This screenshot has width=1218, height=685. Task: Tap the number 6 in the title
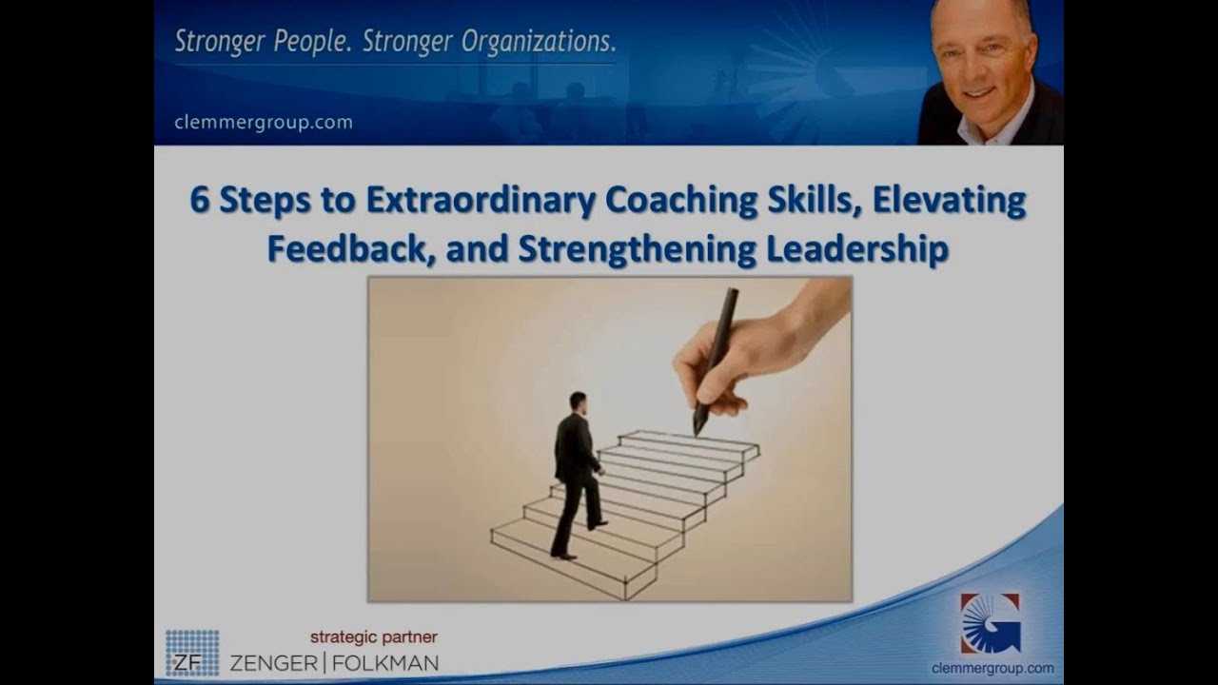[x=199, y=202]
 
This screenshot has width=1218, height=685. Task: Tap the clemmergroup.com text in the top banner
[x=264, y=122]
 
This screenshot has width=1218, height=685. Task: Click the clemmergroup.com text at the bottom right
[x=992, y=668]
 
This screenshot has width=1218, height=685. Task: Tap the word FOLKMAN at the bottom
[x=386, y=661]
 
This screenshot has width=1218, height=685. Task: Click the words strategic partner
[x=374, y=636]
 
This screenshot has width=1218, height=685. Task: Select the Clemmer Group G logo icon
[x=990, y=623]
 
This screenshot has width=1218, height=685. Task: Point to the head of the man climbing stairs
[x=578, y=401]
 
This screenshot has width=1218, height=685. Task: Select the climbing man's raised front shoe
[x=598, y=523]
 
